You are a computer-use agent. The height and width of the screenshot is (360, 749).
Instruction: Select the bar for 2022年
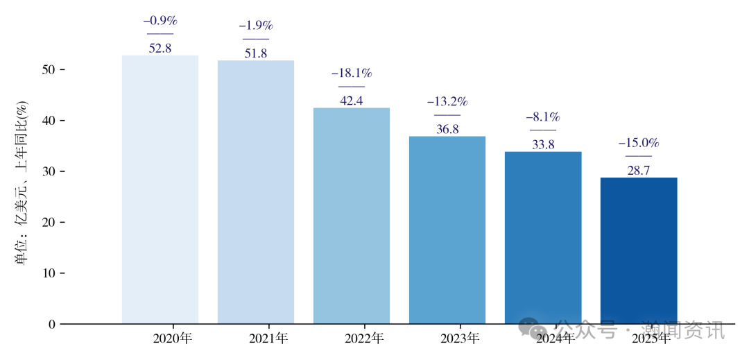[351, 216]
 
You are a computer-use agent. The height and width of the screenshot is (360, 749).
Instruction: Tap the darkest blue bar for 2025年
[638, 250]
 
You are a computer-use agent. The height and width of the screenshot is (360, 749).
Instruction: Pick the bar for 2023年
[447, 230]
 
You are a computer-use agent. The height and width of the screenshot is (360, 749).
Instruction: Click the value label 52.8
[160, 49]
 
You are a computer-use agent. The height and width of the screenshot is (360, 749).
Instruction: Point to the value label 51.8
[255, 53]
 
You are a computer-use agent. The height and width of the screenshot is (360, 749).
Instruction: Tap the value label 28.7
[638, 171]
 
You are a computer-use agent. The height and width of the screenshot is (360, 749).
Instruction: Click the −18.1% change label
[351, 73]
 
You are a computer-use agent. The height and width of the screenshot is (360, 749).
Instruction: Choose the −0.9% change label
[160, 21]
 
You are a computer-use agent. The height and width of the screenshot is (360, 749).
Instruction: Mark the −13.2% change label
[447, 101]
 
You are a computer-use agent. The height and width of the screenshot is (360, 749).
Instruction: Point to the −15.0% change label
[638, 143]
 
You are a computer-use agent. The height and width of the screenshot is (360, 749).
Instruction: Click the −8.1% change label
[542, 117]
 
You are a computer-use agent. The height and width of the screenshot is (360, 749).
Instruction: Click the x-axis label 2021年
[268, 338]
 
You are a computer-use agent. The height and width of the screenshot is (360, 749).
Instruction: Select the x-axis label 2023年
[459, 338]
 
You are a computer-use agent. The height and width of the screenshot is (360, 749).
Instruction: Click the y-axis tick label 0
[52, 324]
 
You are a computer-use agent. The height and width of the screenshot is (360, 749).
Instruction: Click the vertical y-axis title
[21, 183]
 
